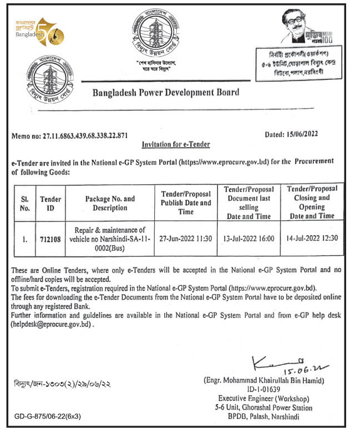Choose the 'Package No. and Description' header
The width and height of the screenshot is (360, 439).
(109, 203)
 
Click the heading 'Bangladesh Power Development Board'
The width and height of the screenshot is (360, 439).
(166, 93)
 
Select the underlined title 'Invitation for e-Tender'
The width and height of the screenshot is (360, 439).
(176, 144)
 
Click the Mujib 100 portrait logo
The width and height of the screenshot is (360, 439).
(303, 28)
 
